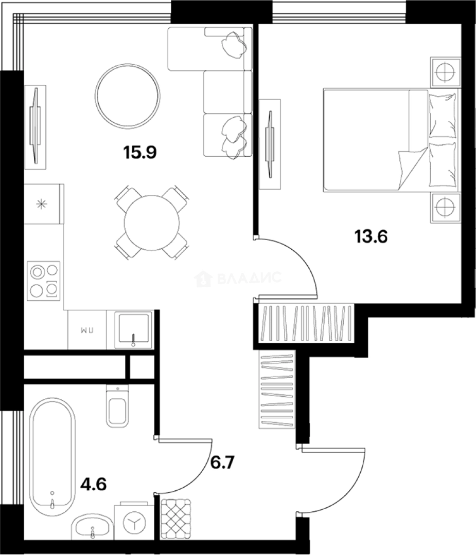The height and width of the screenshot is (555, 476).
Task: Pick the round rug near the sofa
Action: [x=128, y=96]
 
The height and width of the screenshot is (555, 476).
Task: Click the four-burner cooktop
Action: [x=44, y=280]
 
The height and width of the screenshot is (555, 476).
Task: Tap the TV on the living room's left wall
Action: [x=36, y=125]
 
